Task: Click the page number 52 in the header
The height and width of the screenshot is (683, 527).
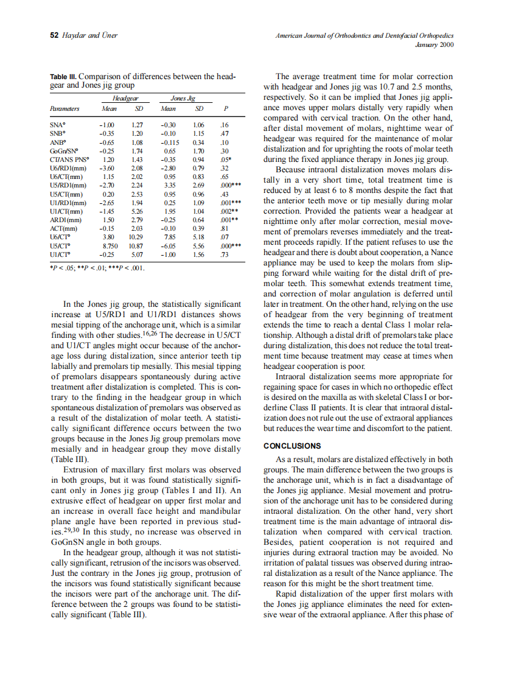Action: click(54, 36)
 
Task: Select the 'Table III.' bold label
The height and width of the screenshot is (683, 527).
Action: click(63, 77)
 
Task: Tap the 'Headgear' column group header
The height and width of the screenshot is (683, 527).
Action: click(127, 97)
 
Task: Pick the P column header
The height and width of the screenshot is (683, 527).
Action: click(225, 109)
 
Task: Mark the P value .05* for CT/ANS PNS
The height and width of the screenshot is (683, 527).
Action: click(225, 158)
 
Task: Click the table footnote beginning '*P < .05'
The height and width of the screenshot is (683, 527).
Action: click(97, 266)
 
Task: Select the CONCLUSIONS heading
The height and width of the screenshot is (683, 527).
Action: click(292, 446)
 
